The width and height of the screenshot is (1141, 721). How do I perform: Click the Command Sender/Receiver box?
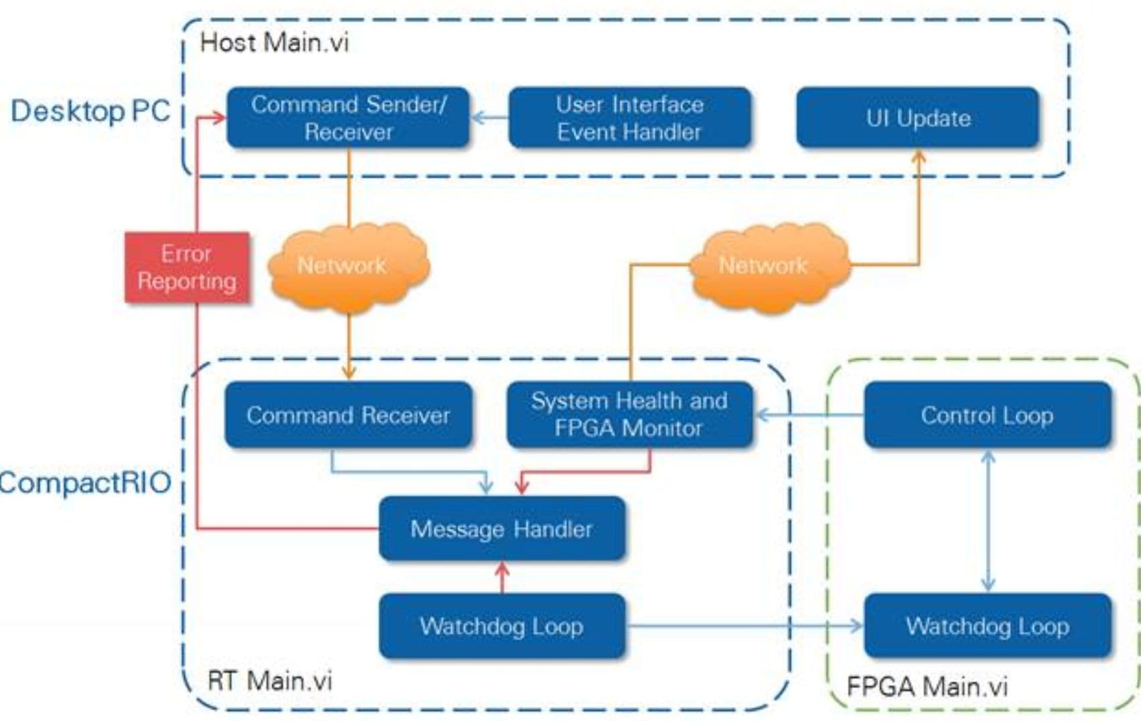click(x=348, y=118)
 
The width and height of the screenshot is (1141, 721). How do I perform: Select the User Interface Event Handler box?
click(x=629, y=118)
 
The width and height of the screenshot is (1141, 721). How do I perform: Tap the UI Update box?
click(x=917, y=118)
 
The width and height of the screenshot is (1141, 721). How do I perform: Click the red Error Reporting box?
click(x=187, y=267)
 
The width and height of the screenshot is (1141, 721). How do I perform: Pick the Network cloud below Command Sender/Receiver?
click(x=348, y=266)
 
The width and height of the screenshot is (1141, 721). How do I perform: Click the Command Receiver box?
click(x=348, y=415)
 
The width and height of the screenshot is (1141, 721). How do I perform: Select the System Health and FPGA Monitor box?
click(x=629, y=414)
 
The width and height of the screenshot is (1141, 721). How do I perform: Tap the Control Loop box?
click(x=987, y=415)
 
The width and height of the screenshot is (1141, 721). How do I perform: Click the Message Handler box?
click(x=502, y=529)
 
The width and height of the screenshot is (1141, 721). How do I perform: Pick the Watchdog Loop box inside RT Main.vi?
click(x=502, y=627)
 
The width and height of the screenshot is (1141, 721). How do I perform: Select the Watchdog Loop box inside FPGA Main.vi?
click(x=987, y=627)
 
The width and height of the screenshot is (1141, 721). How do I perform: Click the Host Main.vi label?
click(x=274, y=43)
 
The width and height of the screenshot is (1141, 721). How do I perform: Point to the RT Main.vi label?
click(x=270, y=681)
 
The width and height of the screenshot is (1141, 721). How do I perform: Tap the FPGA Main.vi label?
click(x=927, y=687)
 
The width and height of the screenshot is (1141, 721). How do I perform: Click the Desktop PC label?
click(x=90, y=111)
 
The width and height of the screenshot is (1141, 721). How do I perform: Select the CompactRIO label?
click(x=85, y=483)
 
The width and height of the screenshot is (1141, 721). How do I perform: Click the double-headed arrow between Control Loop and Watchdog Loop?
click(x=988, y=521)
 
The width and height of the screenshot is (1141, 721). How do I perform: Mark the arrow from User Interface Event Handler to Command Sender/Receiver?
click(x=489, y=118)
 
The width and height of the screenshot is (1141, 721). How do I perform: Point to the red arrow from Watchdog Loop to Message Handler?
click(x=502, y=578)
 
